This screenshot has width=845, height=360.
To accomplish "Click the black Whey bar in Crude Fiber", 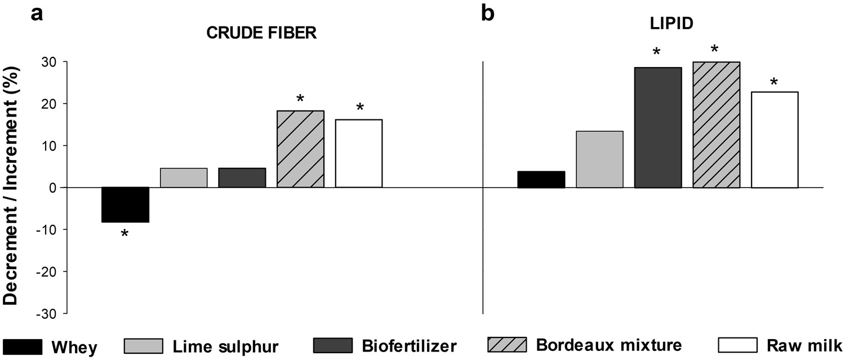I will pos(125,205).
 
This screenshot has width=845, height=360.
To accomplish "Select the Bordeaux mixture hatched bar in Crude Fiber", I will pos(300,149).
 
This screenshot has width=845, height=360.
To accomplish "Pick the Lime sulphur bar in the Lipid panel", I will pos(599,159).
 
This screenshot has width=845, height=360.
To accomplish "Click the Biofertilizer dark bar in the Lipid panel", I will pos(658,127).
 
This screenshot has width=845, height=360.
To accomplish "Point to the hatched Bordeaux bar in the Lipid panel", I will pos(716,125).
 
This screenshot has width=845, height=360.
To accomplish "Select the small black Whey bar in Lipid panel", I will pos(541,179).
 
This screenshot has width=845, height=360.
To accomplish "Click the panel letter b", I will pos(488,13).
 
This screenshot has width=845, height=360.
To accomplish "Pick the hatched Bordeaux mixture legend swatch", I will pos(506,345).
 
